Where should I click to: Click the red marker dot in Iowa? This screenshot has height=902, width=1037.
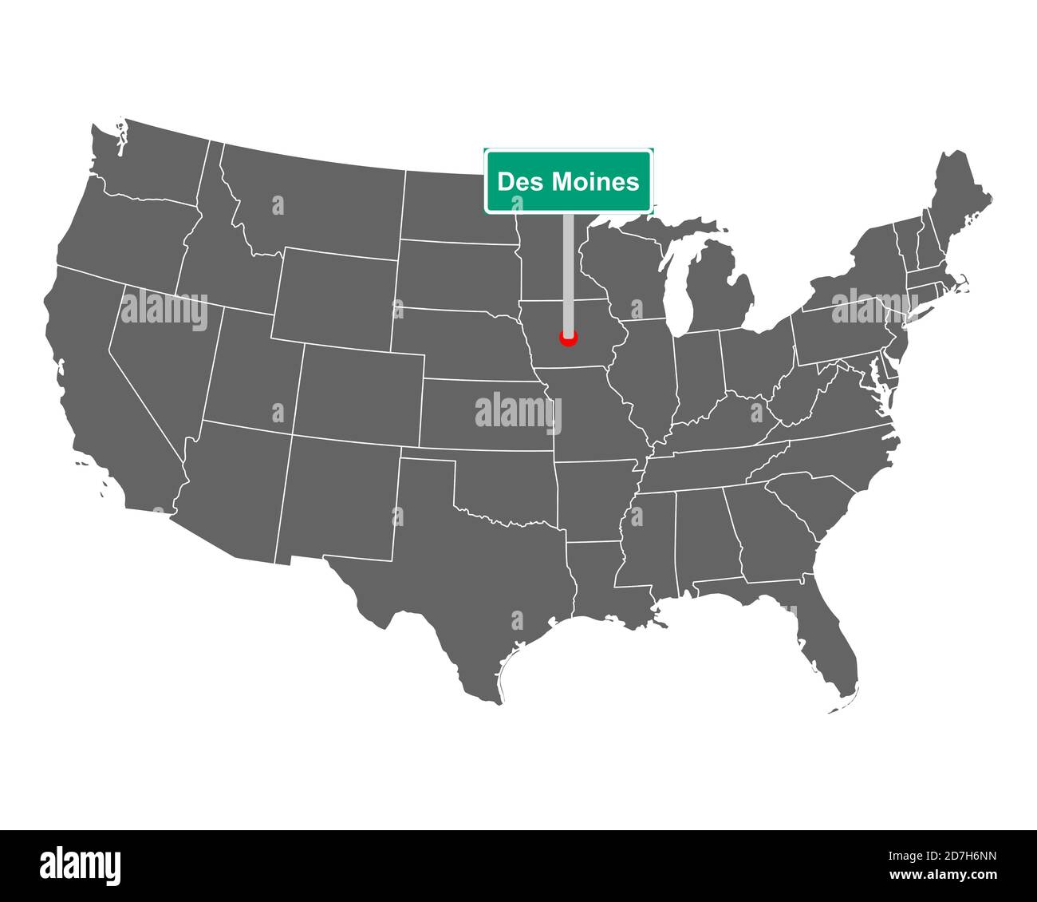point(568,338)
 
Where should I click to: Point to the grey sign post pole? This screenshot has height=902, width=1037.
point(568,271)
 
